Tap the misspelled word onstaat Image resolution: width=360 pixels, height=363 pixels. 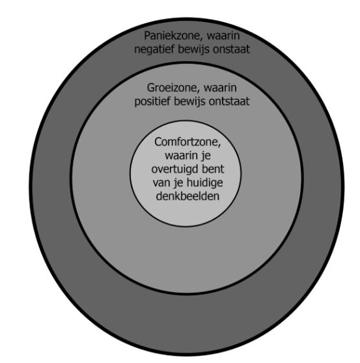coord(231,50)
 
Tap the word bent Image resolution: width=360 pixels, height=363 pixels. coord(213,169)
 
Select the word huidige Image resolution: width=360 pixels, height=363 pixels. coord(205,182)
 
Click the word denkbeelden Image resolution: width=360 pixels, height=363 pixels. coord(187,196)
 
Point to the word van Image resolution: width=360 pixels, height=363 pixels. coord(161,183)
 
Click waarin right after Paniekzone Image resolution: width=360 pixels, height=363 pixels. coord(223,36)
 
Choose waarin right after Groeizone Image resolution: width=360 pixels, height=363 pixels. coord(220,88)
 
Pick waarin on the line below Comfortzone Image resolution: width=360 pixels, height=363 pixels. coord(181,155)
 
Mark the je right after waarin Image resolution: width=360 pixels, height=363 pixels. coord(206,156)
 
